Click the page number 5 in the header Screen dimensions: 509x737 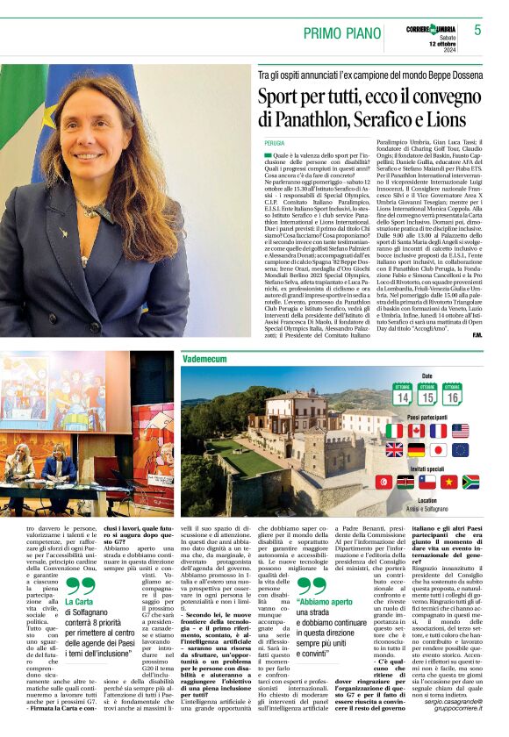477,30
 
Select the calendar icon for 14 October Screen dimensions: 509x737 403,394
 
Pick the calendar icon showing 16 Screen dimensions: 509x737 453,394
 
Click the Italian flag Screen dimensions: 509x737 394,431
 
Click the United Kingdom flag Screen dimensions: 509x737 394,450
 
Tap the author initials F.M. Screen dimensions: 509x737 476,334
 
